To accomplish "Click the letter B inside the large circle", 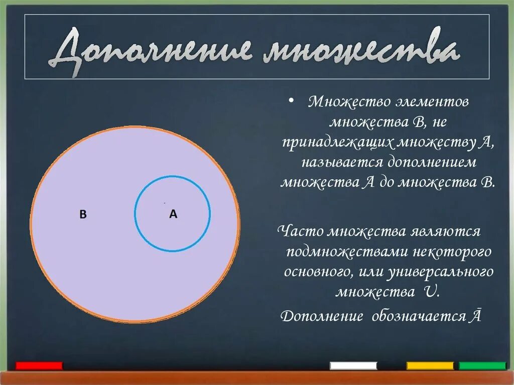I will point(83,214).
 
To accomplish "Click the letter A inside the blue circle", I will point(173,214).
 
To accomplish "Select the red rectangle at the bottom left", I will point(39,365).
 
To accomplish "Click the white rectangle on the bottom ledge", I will point(353,365).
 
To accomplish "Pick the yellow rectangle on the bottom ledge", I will point(430,365).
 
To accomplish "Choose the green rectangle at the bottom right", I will point(482,365).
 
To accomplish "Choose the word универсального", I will point(441,272).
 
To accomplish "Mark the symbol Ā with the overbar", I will point(476,316).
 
